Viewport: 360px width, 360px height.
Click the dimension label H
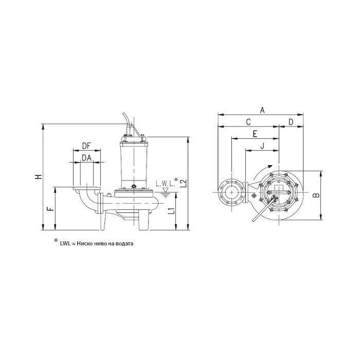(x=39, y=176)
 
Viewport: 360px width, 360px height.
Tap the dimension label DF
(x=86, y=146)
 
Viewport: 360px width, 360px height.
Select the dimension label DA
(x=87, y=158)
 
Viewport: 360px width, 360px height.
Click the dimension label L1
(x=171, y=211)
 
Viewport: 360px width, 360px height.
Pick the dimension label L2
(x=184, y=183)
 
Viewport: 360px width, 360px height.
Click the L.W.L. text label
(x=165, y=184)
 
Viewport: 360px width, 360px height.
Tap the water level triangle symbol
(x=165, y=190)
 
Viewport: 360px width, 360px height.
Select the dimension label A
(x=262, y=110)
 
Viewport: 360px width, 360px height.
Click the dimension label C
(x=248, y=122)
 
